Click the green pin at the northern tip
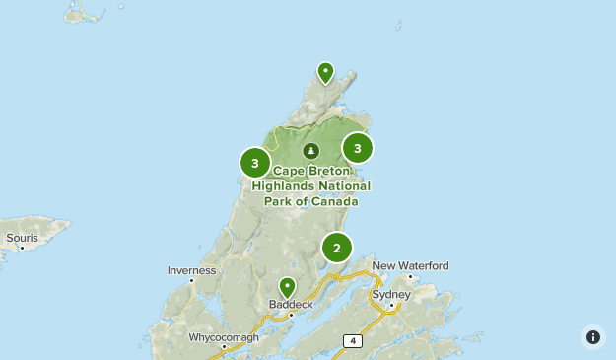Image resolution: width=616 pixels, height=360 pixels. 325,71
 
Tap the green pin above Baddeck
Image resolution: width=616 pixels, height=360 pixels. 287,287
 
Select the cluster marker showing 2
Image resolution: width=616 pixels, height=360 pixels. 337,248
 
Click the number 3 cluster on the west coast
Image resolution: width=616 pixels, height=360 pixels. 255,163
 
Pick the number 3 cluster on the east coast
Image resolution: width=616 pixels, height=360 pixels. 358,149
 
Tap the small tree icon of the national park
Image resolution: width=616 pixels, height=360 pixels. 311,151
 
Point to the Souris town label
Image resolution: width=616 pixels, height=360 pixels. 22,238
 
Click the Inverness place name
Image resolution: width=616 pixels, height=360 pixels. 191,269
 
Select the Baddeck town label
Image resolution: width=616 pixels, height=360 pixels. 291,305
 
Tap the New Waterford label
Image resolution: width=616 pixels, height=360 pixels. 410,265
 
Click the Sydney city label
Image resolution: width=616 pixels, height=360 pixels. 390,294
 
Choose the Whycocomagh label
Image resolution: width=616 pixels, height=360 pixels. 225,337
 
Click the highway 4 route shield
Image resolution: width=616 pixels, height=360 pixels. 352,340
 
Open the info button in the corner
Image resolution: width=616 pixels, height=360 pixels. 592,336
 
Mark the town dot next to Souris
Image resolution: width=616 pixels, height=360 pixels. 21,248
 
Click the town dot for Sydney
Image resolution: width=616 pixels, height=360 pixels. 392,305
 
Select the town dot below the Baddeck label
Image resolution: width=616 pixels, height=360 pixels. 291,315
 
